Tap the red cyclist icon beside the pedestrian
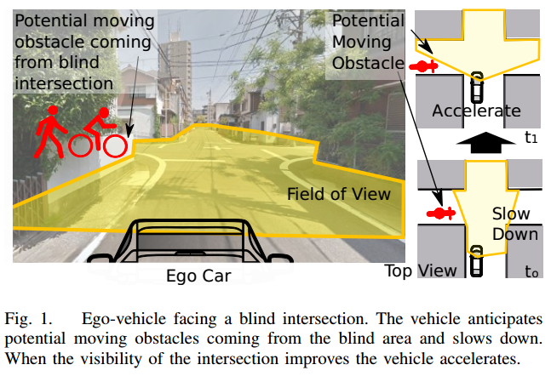pos(99,134)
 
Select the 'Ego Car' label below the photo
pos(198,275)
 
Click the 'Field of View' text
pos(338,194)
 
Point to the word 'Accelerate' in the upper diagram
pos(476,111)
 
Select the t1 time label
pos(530,136)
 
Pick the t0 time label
pos(531,272)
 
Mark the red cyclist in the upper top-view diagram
pos(423,66)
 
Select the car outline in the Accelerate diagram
pos(477,86)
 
